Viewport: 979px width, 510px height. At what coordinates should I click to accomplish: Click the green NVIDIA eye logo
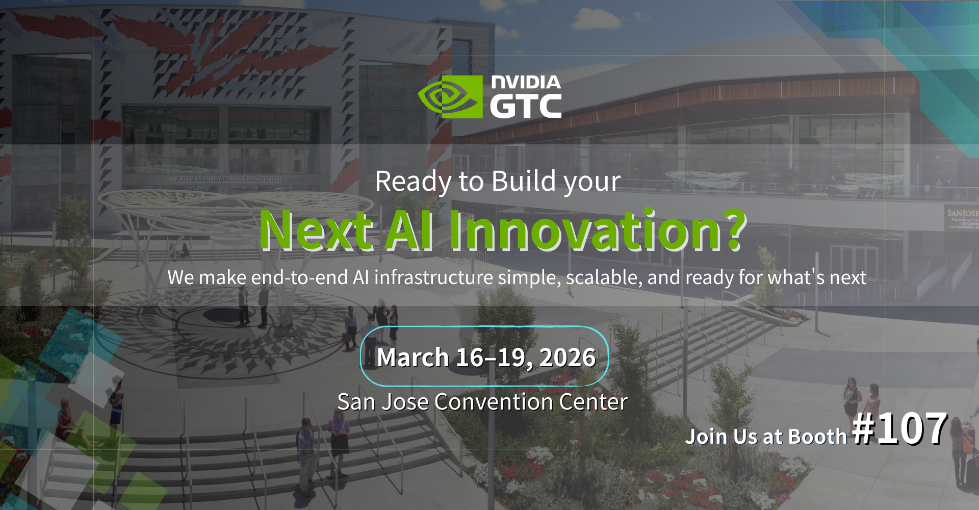[450, 97]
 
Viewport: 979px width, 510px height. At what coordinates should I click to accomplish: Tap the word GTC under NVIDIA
[526, 106]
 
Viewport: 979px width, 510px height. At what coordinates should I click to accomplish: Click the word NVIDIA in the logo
[526, 82]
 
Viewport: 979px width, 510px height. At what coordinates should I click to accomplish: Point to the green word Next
[316, 231]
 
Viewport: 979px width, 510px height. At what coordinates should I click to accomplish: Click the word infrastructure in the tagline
[433, 277]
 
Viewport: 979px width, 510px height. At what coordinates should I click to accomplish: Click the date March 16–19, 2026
[486, 357]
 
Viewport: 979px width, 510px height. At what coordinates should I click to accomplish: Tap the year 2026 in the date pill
[567, 357]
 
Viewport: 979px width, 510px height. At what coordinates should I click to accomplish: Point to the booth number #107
[900, 429]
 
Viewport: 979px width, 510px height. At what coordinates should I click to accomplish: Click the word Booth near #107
[817, 437]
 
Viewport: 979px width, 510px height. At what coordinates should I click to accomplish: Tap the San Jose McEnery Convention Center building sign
[223, 179]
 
